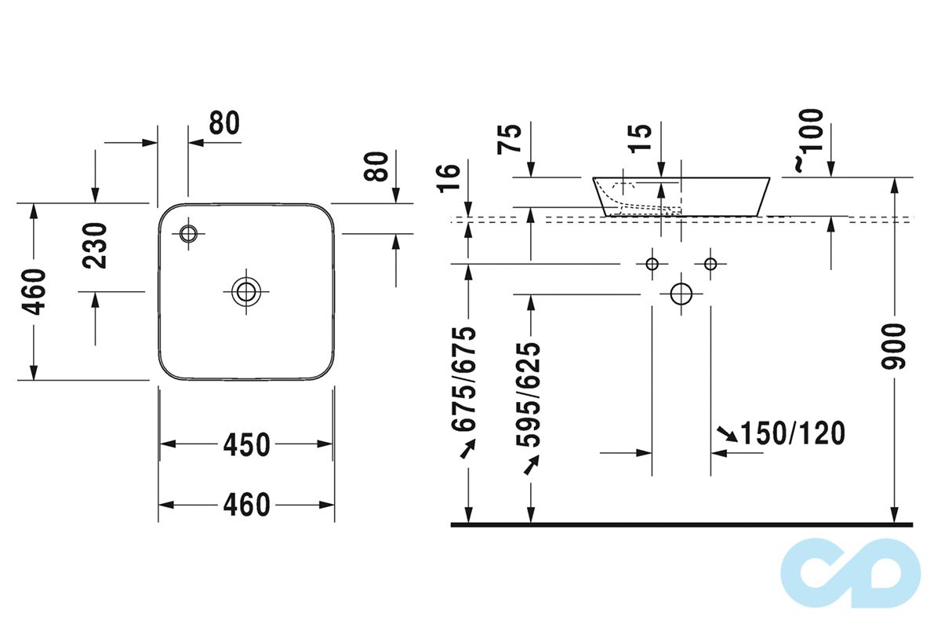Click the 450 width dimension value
click(246, 444)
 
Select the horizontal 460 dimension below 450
click(246, 505)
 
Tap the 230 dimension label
click(96, 246)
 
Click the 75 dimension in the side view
click(510, 139)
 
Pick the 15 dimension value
click(641, 139)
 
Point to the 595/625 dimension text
click(530, 394)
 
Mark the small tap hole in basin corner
click(188, 232)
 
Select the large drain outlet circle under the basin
click(681, 294)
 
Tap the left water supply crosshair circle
click(652, 264)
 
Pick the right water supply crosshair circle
click(710, 264)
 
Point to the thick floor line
click(682, 524)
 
